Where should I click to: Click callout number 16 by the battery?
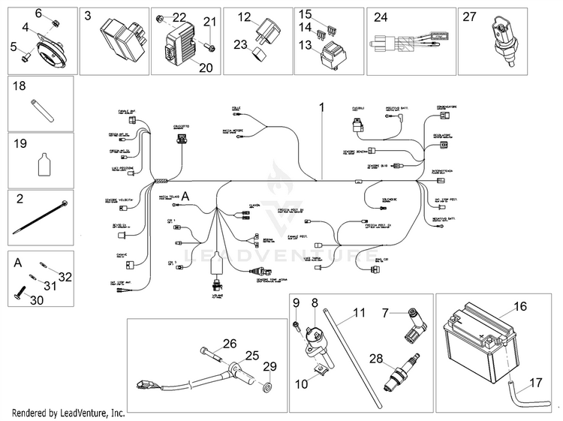coord(521,307)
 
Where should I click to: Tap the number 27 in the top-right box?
coord(470,17)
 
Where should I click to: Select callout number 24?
coord(381,17)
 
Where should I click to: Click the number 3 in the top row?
coord(89,16)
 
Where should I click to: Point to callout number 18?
coord(20,87)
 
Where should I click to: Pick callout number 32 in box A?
coord(65,277)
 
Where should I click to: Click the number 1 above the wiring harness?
coord(321,108)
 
